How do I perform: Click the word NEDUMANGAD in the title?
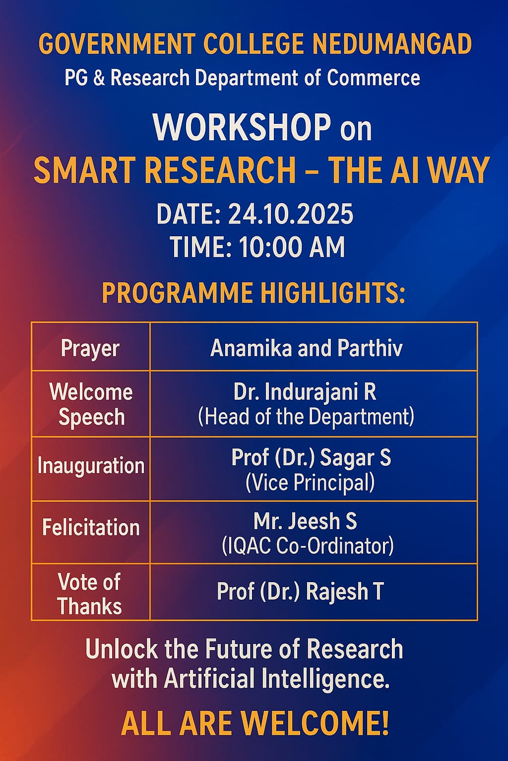(x=392, y=44)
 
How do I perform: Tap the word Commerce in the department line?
(x=373, y=77)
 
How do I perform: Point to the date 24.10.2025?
(x=291, y=214)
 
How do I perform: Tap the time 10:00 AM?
(x=292, y=247)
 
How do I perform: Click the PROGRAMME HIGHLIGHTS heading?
(x=254, y=292)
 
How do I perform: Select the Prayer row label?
(x=90, y=349)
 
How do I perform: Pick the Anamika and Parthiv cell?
(x=306, y=348)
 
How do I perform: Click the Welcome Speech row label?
(x=91, y=404)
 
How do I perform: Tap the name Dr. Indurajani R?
(x=305, y=392)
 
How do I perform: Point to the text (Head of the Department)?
(x=306, y=417)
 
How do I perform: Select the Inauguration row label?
(x=91, y=465)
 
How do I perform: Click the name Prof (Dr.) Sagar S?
(x=311, y=457)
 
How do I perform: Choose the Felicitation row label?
(x=91, y=527)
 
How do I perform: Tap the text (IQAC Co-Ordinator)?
(x=308, y=546)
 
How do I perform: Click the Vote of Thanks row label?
(x=89, y=594)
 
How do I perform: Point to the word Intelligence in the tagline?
(x=325, y=678)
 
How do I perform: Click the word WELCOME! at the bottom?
(x=314, y=724)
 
